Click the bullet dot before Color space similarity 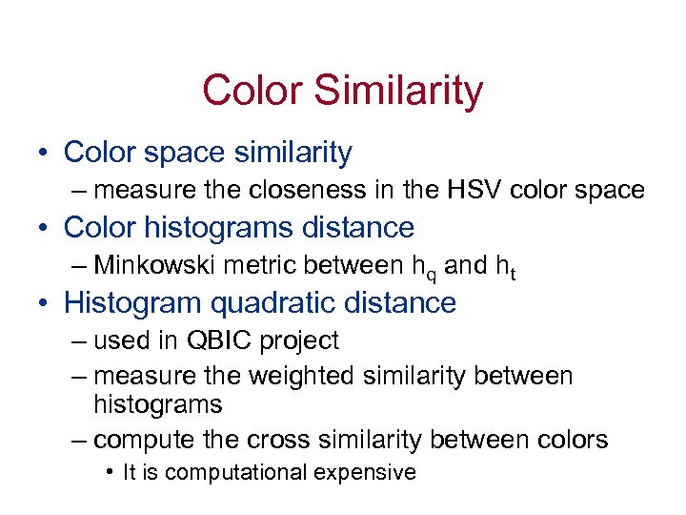44,153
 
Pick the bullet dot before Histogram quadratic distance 44,304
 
